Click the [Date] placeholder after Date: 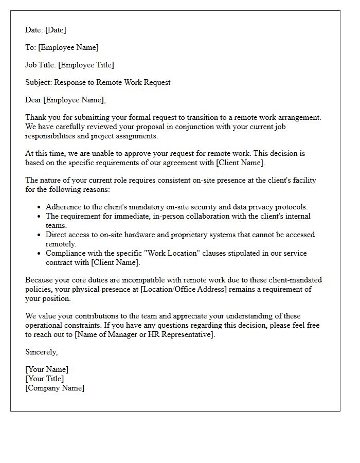pos(56,30)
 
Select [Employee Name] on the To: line pos(68,48)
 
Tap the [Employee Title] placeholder pos(86,65)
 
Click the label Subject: pos(39,82)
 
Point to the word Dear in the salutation pos(33,100)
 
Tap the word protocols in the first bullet pos(290,207)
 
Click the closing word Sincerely pos(41,352)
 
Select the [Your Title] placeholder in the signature pos(44,379)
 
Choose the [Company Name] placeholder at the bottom pos(55,388)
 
